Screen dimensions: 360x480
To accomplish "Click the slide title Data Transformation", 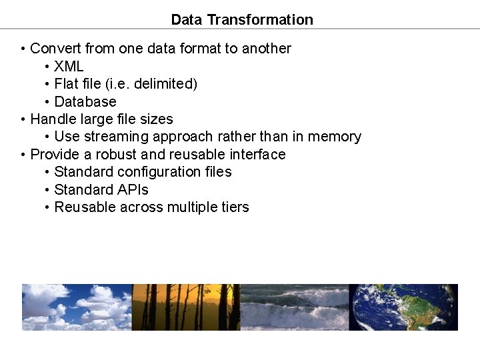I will (242, 19).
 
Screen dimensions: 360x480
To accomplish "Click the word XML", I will (69, 66).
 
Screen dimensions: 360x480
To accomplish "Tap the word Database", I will (85, 101).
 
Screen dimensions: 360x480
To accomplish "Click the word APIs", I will (132, 189).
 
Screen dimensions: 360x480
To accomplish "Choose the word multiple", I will (190, 207).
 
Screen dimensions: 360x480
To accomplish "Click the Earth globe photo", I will (403, 307).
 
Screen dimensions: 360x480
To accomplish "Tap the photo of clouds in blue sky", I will (77, 307).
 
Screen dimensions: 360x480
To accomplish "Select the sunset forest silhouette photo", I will (186, 307).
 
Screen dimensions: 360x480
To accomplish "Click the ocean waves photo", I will (294, 307).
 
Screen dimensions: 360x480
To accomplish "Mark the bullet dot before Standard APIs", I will (47, 190).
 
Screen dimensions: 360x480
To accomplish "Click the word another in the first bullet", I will (266, 48).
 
